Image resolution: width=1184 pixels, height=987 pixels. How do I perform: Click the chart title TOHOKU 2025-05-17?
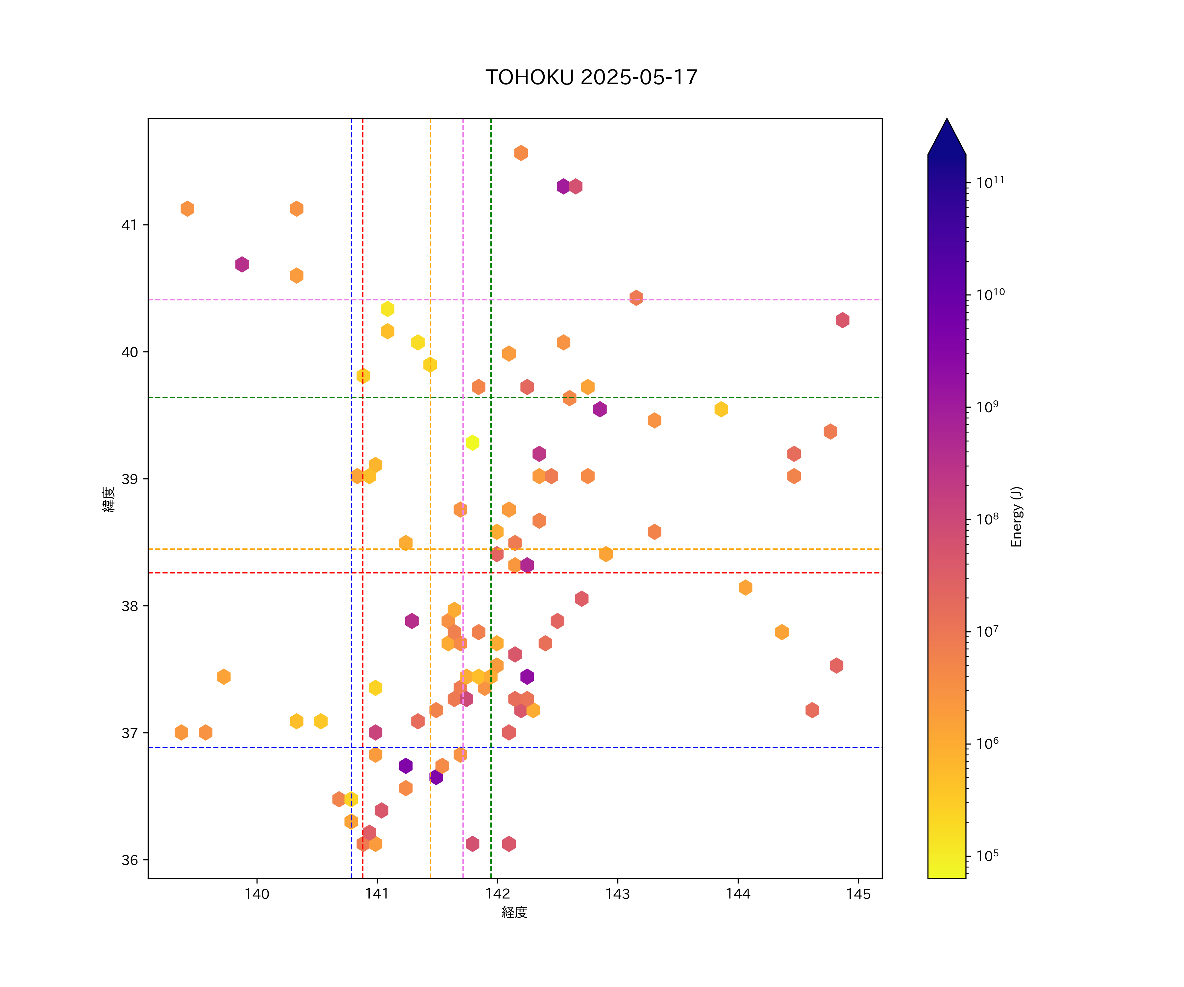coord(591,77)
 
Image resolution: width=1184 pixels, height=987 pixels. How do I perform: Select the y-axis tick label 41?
coord(129,225)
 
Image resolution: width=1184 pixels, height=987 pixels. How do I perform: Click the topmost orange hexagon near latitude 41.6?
coord(521,153)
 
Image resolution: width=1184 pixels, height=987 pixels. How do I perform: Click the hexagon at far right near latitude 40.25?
coord(842,320)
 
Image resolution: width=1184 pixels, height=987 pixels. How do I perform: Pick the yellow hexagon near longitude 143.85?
coord(721,409)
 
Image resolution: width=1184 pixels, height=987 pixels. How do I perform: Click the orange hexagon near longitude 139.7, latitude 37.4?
coord(224,676)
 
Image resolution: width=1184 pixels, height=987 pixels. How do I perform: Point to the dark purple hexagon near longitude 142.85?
coord(600,409)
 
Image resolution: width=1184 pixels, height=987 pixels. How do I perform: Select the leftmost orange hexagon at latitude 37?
coord(181,732)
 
